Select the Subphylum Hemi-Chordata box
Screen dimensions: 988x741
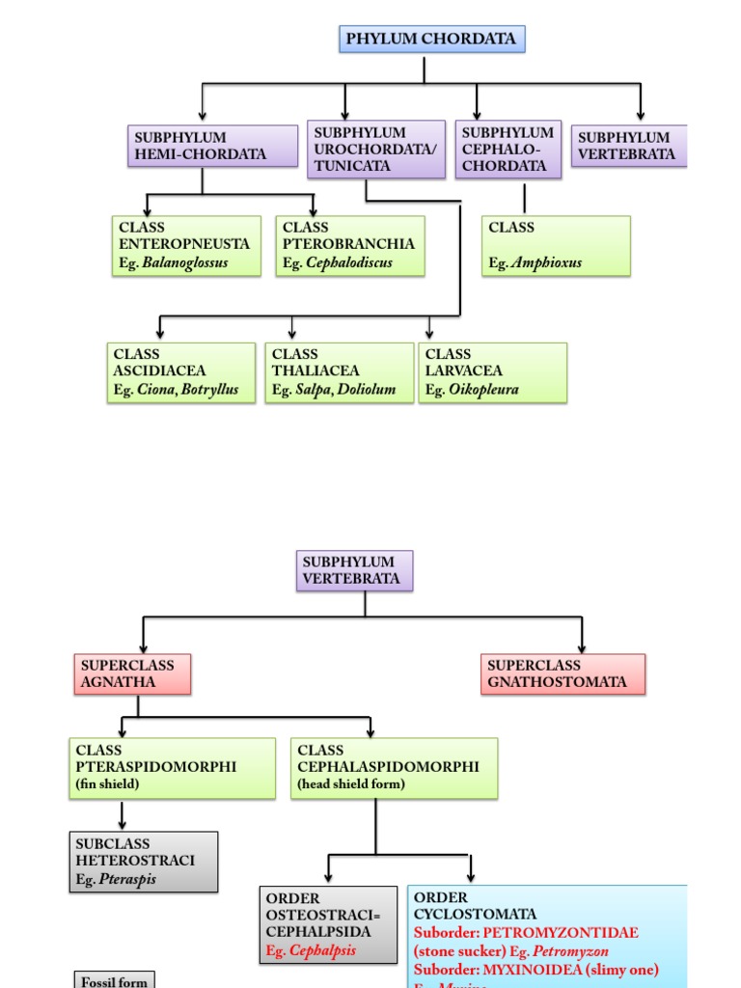212,146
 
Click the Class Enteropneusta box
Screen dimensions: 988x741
186,245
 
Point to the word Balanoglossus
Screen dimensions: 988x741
185,262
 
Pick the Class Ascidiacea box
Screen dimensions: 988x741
180,372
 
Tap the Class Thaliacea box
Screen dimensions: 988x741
339,372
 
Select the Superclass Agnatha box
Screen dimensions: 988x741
131,673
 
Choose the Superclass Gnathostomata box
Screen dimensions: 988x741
563,673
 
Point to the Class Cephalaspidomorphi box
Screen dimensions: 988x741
394,768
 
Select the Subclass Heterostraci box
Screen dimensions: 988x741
143,862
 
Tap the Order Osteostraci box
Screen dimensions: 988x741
327,924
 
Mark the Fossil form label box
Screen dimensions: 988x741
114,979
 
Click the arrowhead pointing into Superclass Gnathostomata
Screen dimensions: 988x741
582,647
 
